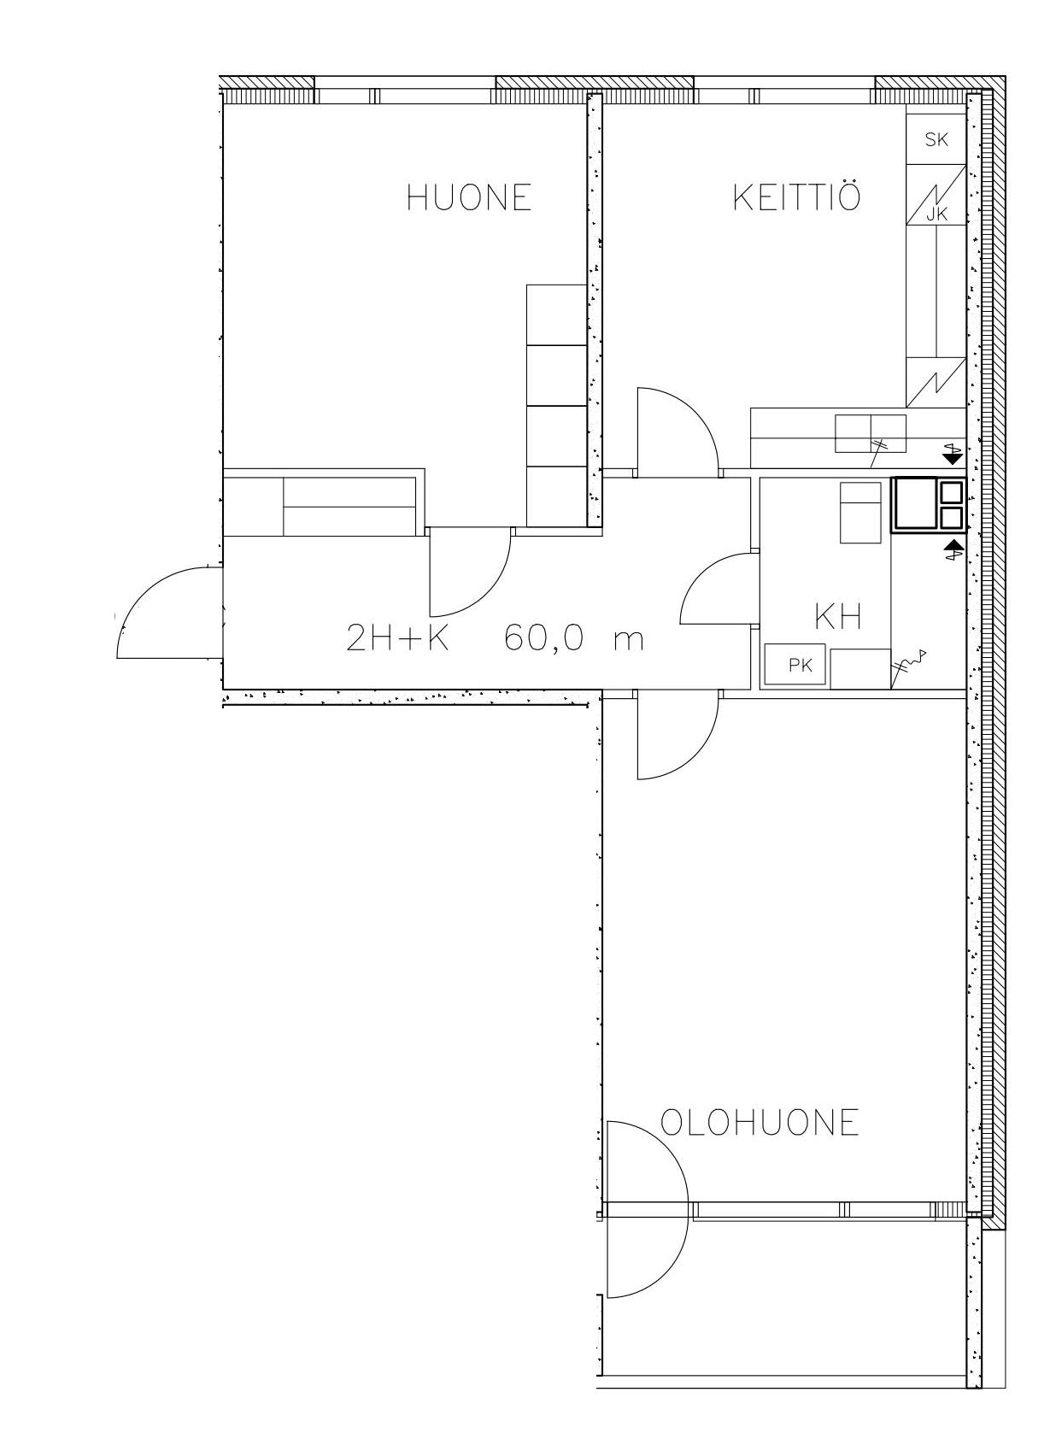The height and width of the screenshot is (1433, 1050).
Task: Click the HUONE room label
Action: click(x=469, y=197)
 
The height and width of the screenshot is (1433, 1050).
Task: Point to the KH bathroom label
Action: click(x=838, y=617)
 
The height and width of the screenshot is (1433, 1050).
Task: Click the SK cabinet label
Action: click(x=937, y=139)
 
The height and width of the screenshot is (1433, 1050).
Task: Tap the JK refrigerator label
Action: click(x=937, y=215)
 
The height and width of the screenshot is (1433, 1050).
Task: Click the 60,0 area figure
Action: click(x=543, y=637)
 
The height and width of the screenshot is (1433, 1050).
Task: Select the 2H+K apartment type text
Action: click(x=398, y=637)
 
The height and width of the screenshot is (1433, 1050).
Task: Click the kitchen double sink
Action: click(x=871, y=433)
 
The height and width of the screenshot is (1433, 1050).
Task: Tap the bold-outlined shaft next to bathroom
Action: click(x=928, y=505)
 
